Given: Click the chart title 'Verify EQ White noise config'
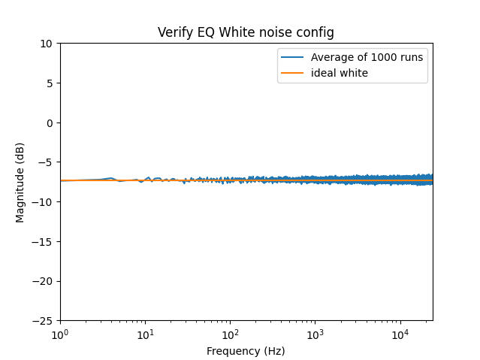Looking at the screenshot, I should pos(246,32).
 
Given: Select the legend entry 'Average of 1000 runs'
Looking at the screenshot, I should pos(367,58).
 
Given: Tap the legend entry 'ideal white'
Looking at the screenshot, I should pos(340,73).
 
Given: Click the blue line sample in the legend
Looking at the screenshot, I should pos(293,58).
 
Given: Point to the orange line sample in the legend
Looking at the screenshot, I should pos(293,73).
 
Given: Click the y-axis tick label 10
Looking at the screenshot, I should pos(47,44).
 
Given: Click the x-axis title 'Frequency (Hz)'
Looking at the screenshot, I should pos(246,351).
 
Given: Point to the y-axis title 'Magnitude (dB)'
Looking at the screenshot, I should pos(20,182).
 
